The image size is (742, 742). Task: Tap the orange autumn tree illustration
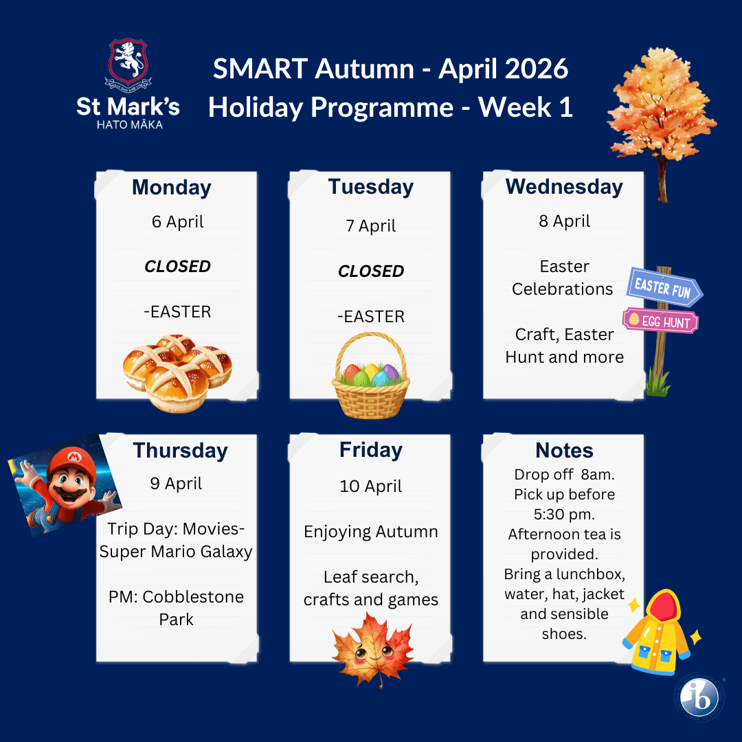(x=662, y=118)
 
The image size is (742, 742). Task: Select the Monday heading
(x=172, y=188)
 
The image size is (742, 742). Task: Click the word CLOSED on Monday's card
(x=177, y=267)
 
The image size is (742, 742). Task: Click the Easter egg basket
(x=370, y=375)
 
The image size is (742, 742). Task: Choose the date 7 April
(x=370, y=226)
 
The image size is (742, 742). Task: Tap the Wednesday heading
(x=564, y=187)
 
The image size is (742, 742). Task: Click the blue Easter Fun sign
(x=664, y=286)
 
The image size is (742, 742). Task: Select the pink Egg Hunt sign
(x=660, y=321)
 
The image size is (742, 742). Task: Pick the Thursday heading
(x=180, y=451)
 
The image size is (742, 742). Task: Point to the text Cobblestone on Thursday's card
(x=193, y=597)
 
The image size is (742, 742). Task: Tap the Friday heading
(x=371, y=450)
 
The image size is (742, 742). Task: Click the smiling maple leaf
(x=372, y=649)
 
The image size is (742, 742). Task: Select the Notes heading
(x=564, y=451)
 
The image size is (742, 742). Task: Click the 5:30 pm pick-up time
(x=564, y=515)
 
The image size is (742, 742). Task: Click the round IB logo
(x=699, y=697)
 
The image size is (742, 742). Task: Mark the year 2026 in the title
(x=535, y=69)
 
